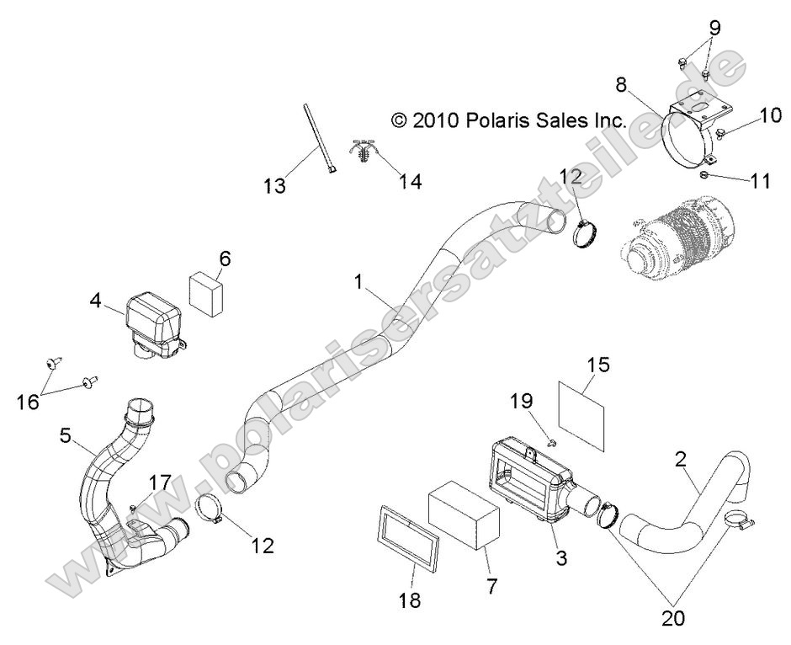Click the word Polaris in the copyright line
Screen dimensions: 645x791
tap(496, 120)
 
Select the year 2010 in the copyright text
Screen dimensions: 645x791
tap(436, 120)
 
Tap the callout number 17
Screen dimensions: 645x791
tap(159, 482)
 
